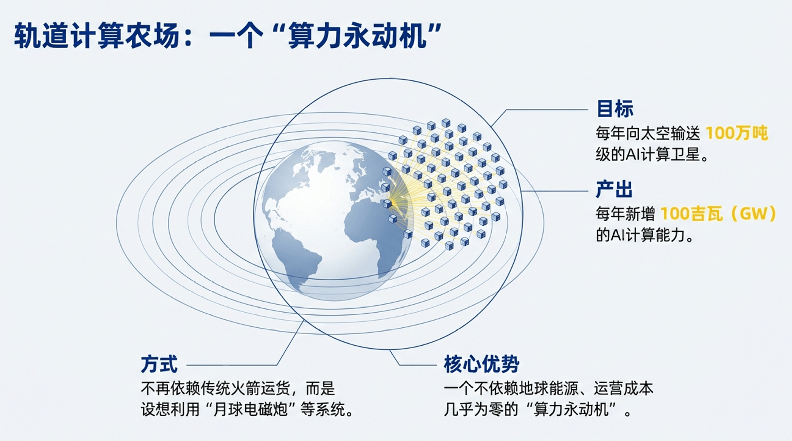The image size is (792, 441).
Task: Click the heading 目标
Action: coord(615,108)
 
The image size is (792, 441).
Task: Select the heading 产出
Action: coord(614,189)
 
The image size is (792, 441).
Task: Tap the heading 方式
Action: coord(159,364)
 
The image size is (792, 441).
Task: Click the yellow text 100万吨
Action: coord(737,133)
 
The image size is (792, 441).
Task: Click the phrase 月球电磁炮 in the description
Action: coord(250,409)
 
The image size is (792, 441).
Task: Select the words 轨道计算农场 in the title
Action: coord(96,36)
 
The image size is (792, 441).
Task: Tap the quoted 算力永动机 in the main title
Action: coord(357,36)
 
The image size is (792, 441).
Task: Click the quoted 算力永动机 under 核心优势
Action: coord(572,409)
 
